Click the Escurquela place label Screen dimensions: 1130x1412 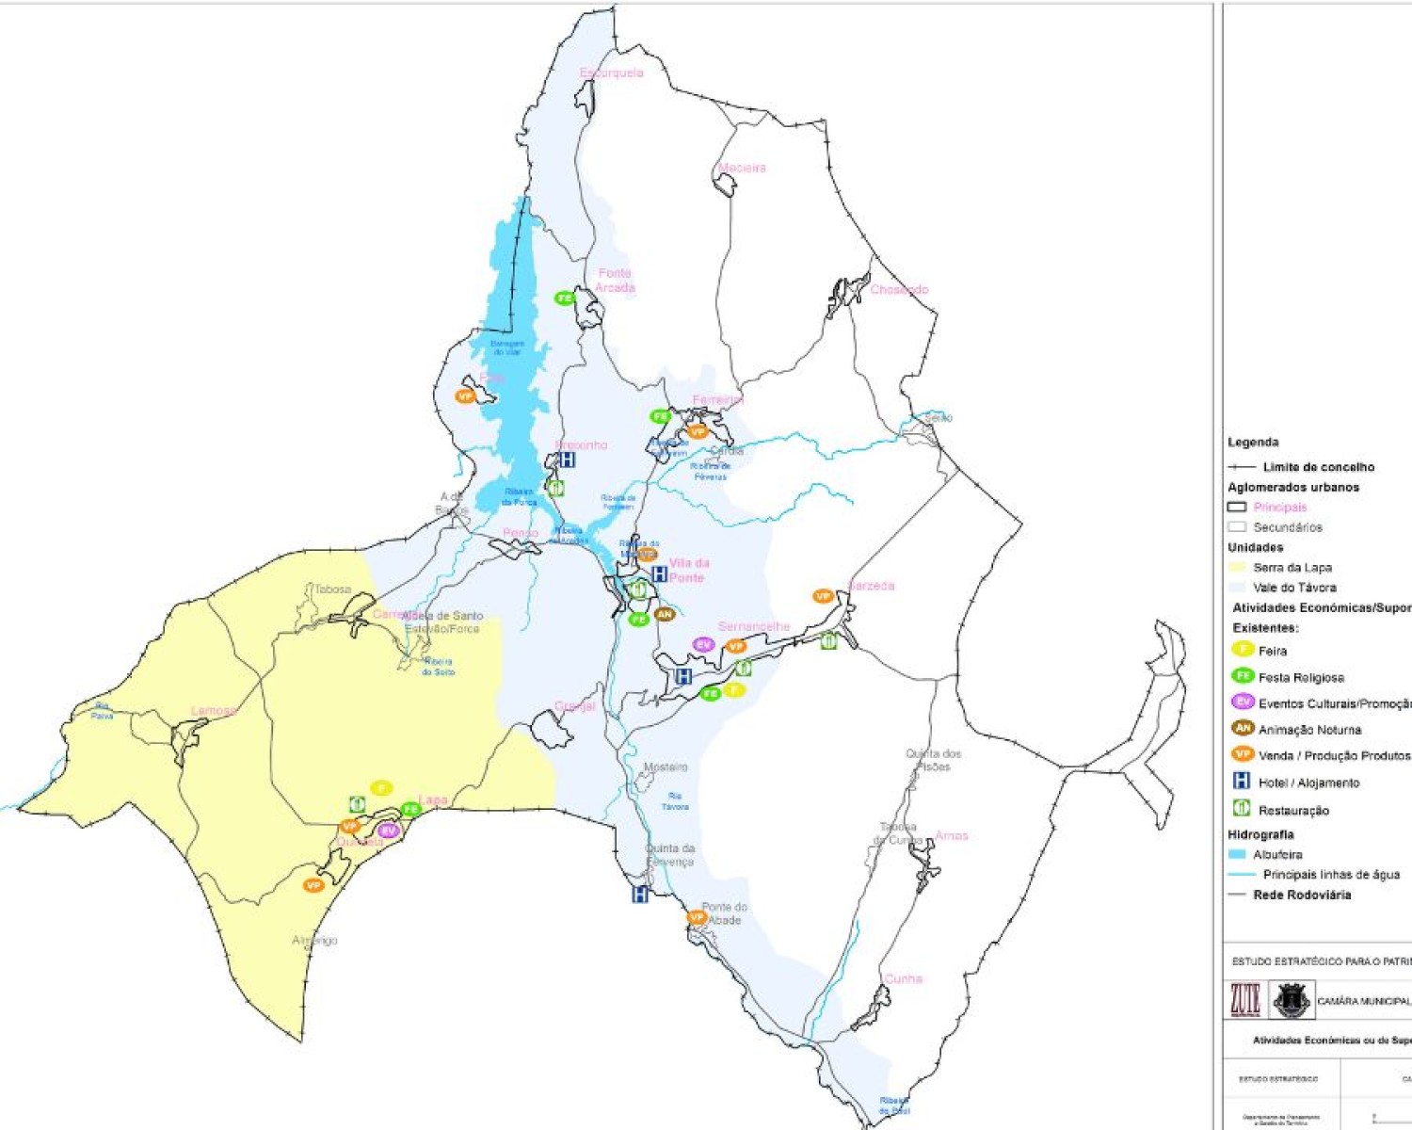pos(611,73)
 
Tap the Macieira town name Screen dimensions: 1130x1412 pos(742,168)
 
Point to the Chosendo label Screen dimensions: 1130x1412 pos(899,289)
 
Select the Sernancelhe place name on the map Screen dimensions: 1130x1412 pos(753,626)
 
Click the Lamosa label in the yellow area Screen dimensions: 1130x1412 pos(214,711)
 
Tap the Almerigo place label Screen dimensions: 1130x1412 pos(314,940)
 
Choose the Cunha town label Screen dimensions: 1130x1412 pos(903,978)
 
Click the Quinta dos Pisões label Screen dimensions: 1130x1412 pos(933,760)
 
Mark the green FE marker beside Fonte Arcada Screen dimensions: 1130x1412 pos(564,299)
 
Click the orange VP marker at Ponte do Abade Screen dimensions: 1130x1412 pos(697,917)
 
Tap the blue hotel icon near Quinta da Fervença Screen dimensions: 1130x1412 pos(640,895)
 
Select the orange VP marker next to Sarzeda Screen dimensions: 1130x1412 pos(823,596)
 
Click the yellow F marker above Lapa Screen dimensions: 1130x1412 pos(380,787)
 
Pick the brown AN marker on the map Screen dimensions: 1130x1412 pos(665,614)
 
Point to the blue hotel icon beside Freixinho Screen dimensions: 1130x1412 pos(567,460)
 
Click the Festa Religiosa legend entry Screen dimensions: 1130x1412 pos(1300,677)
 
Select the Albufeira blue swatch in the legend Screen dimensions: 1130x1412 pos(1237,854)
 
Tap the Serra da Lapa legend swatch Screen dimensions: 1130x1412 pos(1237,567)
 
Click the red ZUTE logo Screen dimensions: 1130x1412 pos(1244,1000)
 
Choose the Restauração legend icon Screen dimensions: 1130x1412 pos(1242,808)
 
